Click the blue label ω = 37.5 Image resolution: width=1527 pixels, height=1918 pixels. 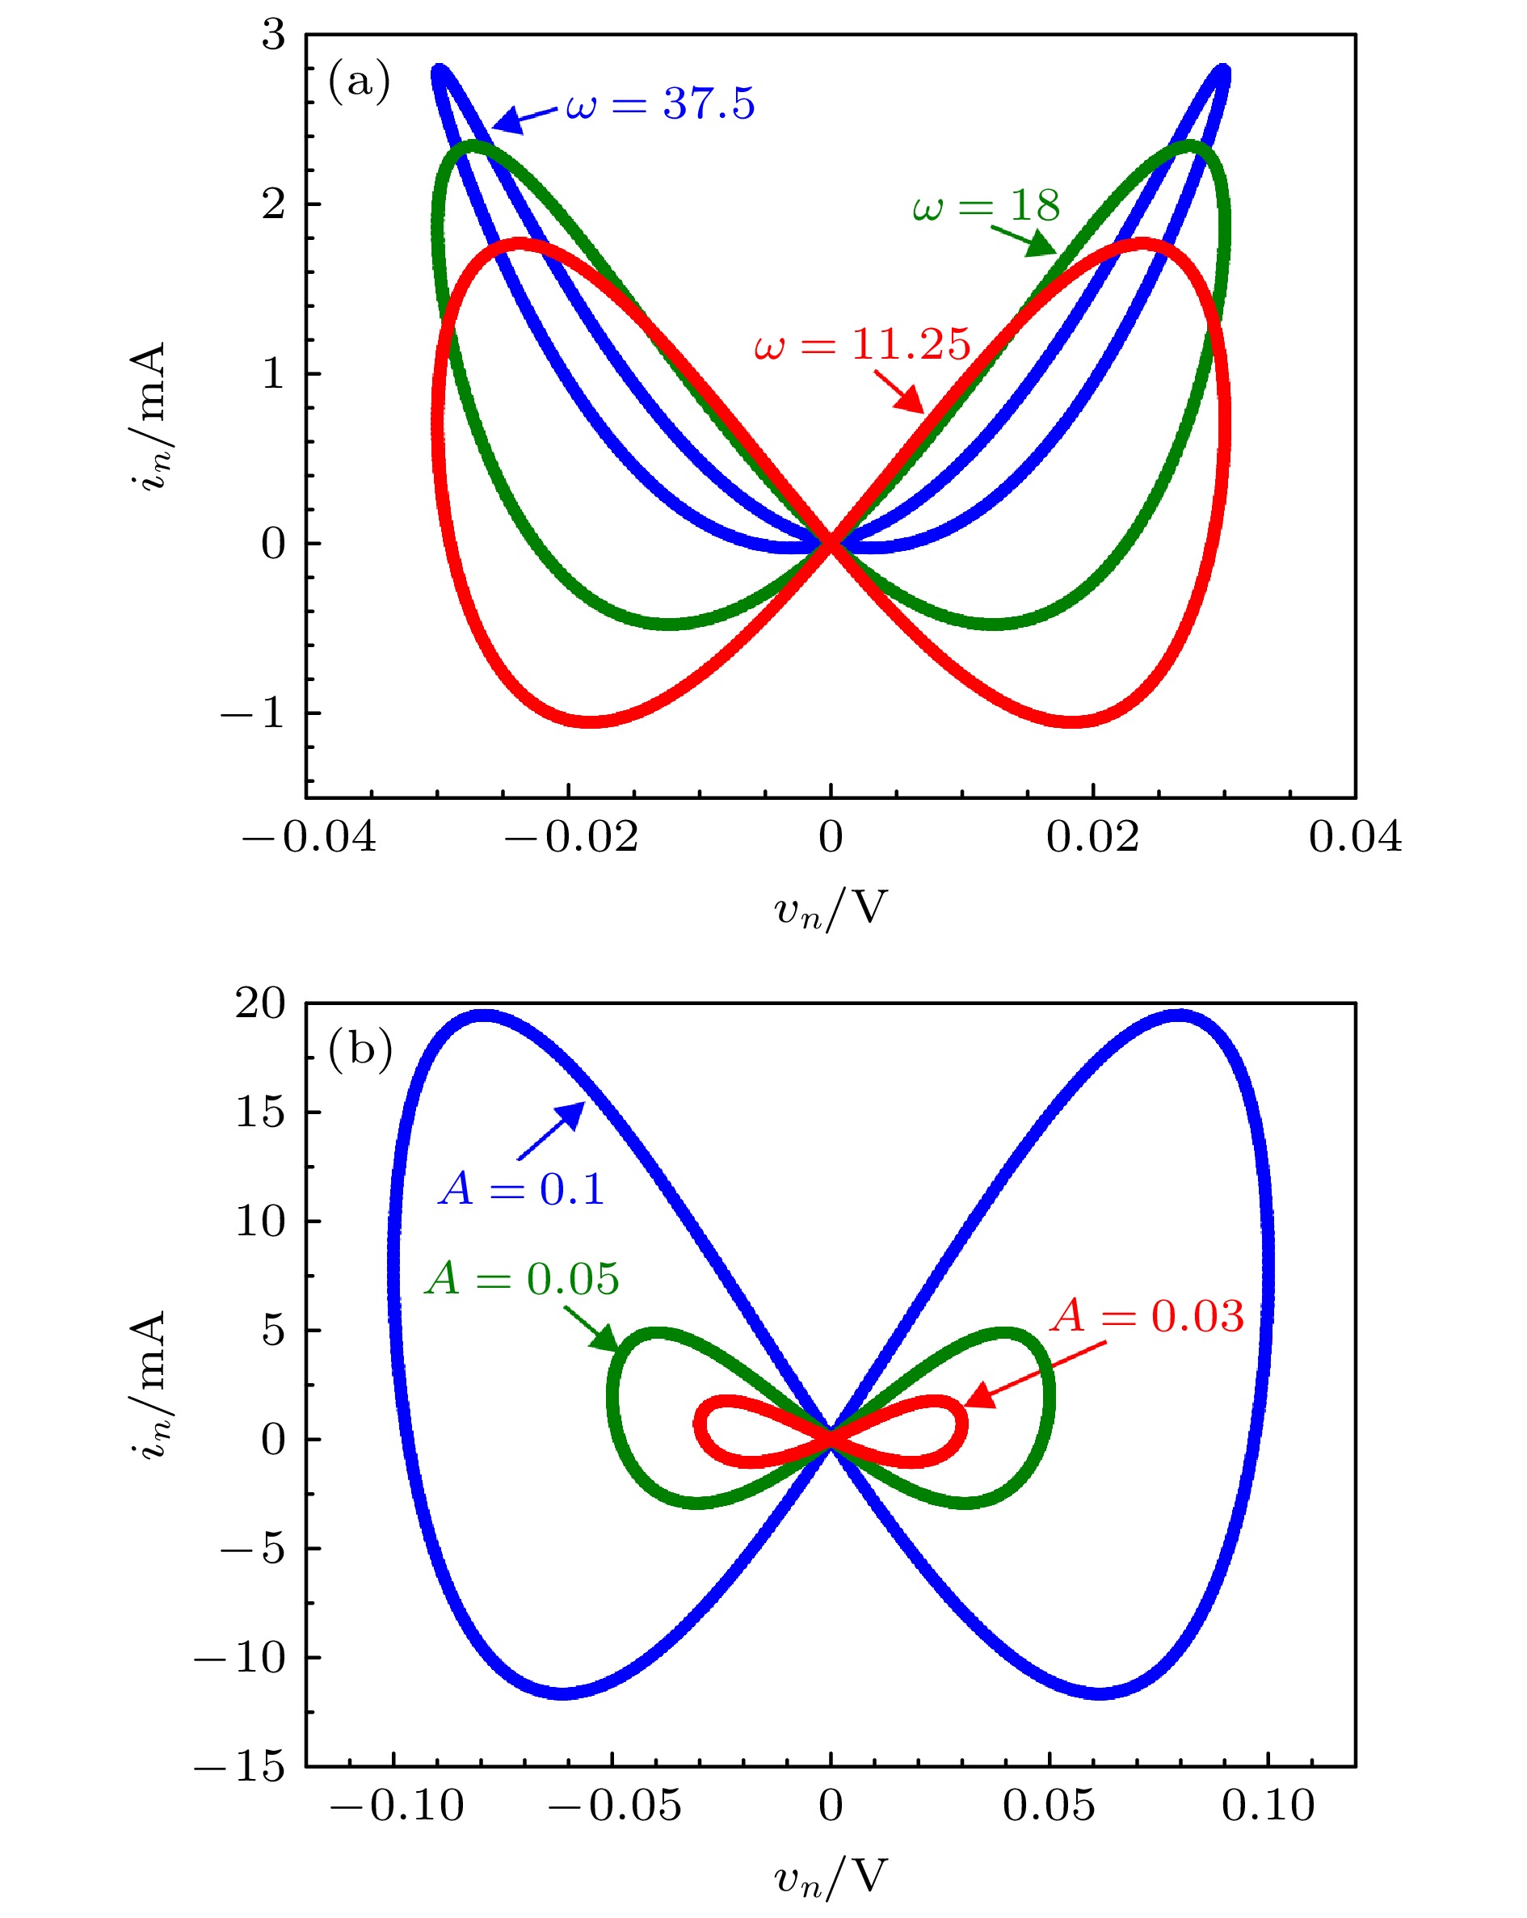point(659,105)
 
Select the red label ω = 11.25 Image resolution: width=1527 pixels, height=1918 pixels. point(861,344)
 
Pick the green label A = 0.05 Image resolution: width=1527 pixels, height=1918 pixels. point(523,1279)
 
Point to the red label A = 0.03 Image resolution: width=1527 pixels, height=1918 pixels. point(1147,1316)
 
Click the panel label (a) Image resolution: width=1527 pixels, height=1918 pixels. point(360,82)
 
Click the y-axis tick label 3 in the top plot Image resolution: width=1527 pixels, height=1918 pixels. point(273,36)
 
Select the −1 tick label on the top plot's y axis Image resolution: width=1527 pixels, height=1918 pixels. point(254,713)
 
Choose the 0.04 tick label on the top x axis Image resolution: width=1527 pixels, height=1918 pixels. point(1354,837)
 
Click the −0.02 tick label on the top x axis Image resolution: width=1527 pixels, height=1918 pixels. point(570,837)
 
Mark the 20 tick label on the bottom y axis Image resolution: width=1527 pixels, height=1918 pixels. point(260,1003)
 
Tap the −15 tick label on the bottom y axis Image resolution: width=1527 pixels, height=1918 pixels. point(240,1767)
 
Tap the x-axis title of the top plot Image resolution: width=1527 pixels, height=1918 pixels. point(831,909)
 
